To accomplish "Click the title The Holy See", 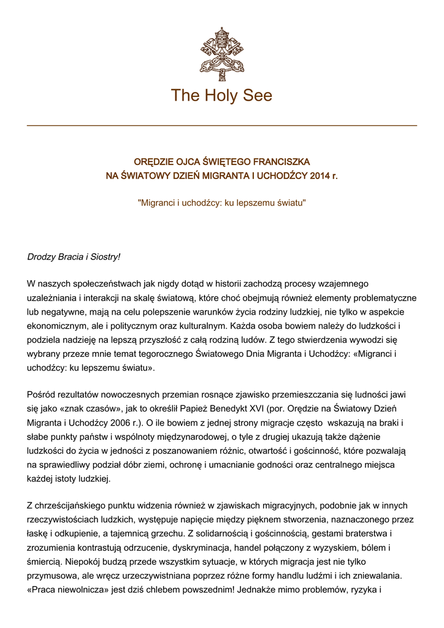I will pyautogui.click(x=221, y=96).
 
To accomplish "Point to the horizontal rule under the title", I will pyautogui.click(x=221, y=126).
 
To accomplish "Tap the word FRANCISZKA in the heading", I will pyautogui.click(x=281, y=162).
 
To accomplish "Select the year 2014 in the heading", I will pyautogui.click(x=320, y=176).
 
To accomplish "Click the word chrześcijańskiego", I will pyautogui.click(x=74, y=505).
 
